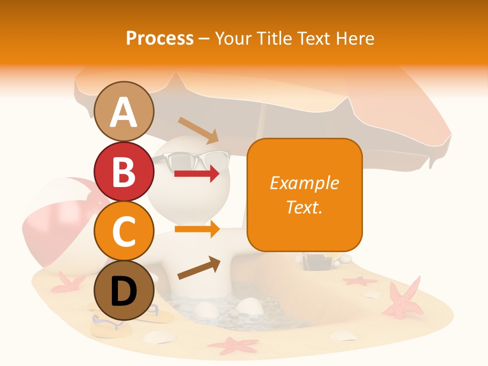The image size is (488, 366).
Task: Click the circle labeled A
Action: pos(124,111)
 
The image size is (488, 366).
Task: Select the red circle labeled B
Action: pos(124,171)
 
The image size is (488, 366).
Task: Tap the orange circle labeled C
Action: pos(124,231)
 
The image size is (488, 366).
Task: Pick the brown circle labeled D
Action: pos(124,291)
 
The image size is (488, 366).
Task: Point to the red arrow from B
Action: pos(197,174)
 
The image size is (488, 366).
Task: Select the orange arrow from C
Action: pos(197,229)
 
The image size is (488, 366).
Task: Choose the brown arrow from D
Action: pos(199,268)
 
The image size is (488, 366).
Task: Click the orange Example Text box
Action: pos(304,195)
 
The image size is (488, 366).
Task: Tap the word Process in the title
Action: pos(160,38)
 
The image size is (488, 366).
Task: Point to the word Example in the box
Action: pos(304,183)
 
